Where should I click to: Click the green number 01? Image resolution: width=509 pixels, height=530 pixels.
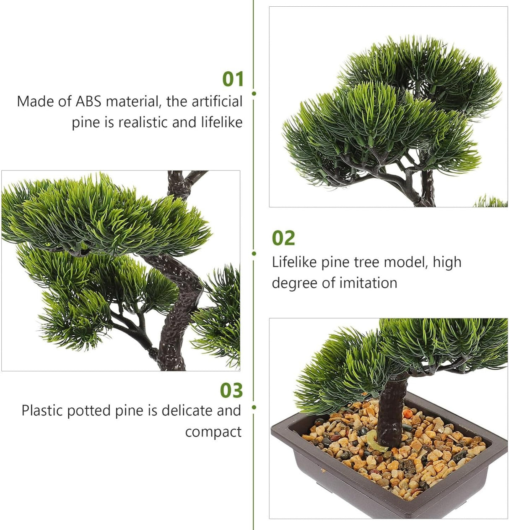pyautogui.click(x=233, y=79)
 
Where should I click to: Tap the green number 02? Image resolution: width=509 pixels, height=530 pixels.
pyautogui.click(x=283, y=238)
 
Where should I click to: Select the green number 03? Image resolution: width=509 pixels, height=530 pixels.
pyautogui.click(x=231, y=391)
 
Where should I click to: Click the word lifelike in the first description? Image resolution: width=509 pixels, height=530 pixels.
pyautogui.click(x=221, y=123)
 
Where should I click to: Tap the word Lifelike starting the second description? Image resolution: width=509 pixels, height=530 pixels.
pyautogui.click(x=295, y=262)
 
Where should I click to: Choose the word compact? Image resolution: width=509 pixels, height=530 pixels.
pyautogui.click(x=213, y=432)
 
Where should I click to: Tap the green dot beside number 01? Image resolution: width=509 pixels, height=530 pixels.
pyautogui.click(x=254, y=93)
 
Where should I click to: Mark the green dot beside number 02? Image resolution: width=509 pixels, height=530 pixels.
pyautogui.click(x=254, y=253)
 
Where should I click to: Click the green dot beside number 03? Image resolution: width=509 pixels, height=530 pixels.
pyautogui.click(x=254, y=407)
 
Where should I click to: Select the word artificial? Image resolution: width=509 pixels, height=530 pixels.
pyautogui.click(x=217, y=102)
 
